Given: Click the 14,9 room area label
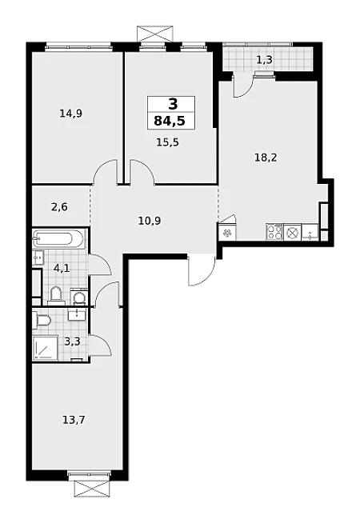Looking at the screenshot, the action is pyautogui.click(x=70, y=114).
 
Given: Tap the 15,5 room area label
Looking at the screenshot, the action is pyautogui.click(x=167, y=142).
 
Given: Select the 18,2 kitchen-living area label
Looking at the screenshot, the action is pyautogui.click(x=266, y=158).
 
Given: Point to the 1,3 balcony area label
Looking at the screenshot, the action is pyautogui.click(x=265, y=60).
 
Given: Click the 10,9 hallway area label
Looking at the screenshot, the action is pyautogui.click(x=150, y=221).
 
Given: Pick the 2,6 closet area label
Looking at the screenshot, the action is pyautogui.click(x=59, y=207).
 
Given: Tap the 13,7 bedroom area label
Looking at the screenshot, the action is pyautogui.click(x=74, y=420).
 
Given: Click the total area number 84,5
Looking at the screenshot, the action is pyautogui.click(x=170, y=121).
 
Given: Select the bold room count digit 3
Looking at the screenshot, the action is pyautogui.click(x=173, y=105).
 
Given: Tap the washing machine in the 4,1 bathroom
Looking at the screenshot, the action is pyautogui.click(x=79, y=297).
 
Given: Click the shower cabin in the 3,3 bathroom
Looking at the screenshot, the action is pyautogui.click(x=45, y=348).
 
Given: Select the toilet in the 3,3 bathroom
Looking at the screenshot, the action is pyautogui.click(x=42, y=320).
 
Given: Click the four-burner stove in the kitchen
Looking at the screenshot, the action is pyautogui.click(x=274, y=232).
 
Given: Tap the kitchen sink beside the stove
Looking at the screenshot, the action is pyautogui.click(x=310, y=232).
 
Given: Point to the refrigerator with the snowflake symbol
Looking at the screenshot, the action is pyautogui.click(x=227, y=232).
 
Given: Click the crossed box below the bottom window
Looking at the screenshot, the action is pyautogui.click(x=92, y=489).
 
